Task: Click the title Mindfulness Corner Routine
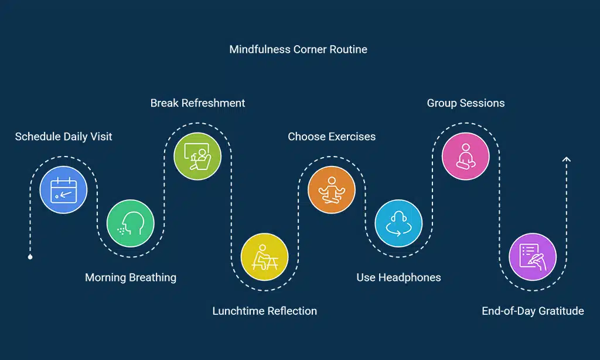[x=298, y=49]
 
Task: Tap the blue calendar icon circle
[x=63, y=190]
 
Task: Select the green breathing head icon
[x=130, y=223]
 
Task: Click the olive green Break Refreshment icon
[x=197, y=157]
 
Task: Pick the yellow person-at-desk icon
[x=264, y=257]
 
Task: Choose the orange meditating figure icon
[x=332, y=190]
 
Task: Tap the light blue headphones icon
[x=398, y=223]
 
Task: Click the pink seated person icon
[x=466, y=157]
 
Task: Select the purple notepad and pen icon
[x=533, y=257]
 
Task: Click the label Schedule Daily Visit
[x=63, y=137]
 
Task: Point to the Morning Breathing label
[x=131, y=277]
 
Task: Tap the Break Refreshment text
[x=197, y=103]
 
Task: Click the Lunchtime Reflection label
[x=264, y=311]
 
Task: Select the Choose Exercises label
[x=332, y=137]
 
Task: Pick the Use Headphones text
[x=398, y=277]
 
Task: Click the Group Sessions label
[x=466, y=103]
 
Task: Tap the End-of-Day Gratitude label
[x=533, y=311]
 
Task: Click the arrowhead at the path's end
[x=566, y=159]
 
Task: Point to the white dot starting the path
[x=30, y=257]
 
